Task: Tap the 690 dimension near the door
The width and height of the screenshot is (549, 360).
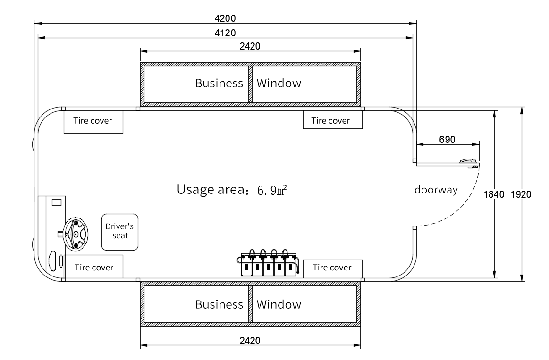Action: tap(447, 139)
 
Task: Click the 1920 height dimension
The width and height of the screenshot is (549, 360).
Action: tap(521, 194)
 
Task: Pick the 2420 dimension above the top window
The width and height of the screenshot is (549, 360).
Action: tap(250, 46)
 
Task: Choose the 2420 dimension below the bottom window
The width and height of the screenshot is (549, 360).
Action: tap(250, 340)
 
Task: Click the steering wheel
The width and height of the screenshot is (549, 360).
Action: tap(76, 233)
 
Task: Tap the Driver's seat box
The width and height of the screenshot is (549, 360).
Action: tap(120, 232)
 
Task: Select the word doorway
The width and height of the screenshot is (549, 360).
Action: tap(436, 190)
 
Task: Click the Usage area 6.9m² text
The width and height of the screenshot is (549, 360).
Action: tap(232, 190)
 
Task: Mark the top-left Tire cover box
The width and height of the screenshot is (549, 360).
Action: tap(93, 121)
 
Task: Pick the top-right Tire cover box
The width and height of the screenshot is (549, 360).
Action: tap(332, 121)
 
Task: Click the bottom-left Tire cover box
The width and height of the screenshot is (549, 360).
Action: tap(93, 268)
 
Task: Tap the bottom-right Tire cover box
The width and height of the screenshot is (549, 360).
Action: tap(332, 268)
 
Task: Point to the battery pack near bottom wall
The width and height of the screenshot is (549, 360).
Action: tap(269, 264)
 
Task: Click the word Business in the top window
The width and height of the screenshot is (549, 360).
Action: tap(219, 84)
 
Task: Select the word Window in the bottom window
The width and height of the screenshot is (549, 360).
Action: tap(279, 304)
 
